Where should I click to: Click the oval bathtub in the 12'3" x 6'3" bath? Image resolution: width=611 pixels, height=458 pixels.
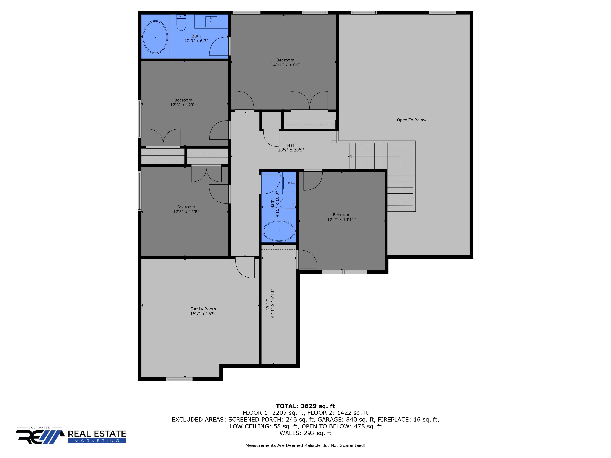(x=155, y=37)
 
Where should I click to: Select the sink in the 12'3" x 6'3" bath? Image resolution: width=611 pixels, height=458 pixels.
(x=211, y=21)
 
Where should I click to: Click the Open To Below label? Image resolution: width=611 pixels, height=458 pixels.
(x=411, y=120)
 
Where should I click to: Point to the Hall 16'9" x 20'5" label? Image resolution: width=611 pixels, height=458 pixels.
(x=291, y=148)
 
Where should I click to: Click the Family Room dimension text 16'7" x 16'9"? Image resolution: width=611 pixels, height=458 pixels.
(x=203, y=314)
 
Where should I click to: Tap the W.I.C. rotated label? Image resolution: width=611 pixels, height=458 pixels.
(x=270, y=303)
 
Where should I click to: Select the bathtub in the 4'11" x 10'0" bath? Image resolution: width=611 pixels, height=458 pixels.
(x=279, y=231)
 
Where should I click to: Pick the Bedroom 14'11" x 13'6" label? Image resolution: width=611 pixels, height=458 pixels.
(x=285, y=63)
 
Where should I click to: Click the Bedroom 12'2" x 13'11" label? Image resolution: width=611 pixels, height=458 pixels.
(x=342, y=217)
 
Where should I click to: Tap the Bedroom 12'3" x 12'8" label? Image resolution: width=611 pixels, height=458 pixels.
(x=186, y=209)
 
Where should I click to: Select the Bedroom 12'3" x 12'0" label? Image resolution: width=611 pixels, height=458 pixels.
(x=183, y=102)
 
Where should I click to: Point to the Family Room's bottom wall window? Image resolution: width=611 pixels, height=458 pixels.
(x=179, y=379)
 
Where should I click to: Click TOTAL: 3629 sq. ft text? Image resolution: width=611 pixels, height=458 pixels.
(x=305, y=406)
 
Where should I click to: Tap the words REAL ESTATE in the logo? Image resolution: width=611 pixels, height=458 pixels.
(x=97, y=434)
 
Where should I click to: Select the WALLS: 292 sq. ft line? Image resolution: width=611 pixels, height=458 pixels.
(x=305, y=433)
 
